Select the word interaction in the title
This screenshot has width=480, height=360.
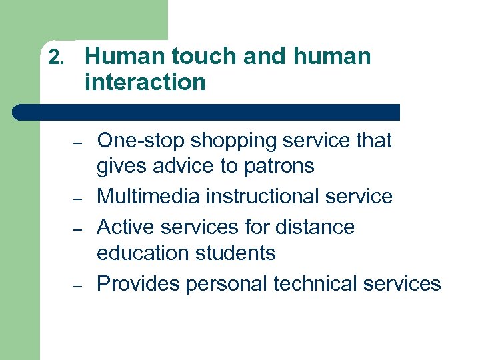coord(145,83)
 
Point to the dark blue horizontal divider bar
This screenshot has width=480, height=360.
coord(207,112)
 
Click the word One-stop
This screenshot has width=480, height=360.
coord(141,141)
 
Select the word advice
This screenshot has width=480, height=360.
coord(183,165)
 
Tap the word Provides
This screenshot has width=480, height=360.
coord(139,284)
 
